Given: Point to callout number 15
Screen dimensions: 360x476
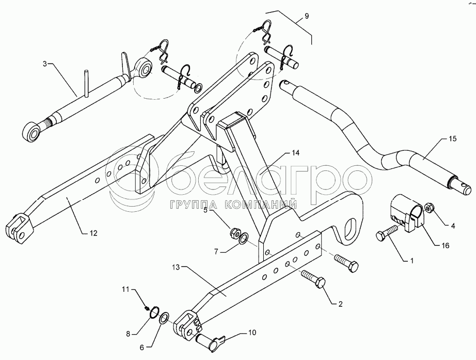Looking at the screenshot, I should pos(452,139).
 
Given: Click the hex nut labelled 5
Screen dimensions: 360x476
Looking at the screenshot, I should pos(234,232).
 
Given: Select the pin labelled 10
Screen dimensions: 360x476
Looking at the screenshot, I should pos(211,341).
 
